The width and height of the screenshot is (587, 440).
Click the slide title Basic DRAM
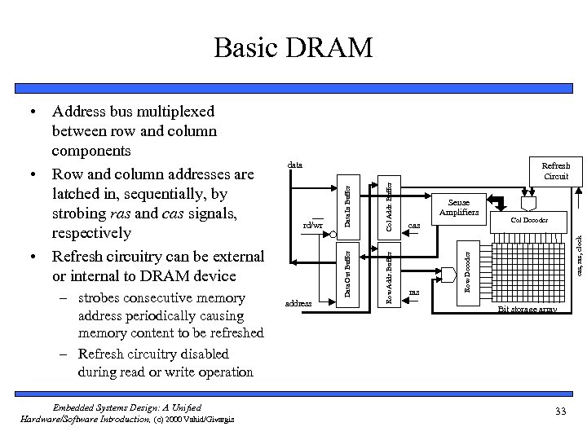coord(293,48)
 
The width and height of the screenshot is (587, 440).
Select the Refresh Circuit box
coord(557,171)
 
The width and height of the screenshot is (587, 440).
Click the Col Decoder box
coord(529,220)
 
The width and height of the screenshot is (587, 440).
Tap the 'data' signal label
coord(294,165)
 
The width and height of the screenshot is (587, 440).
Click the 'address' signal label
coord(298,303)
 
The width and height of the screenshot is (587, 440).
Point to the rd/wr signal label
coord(312,225)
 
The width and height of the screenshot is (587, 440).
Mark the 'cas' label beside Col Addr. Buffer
coord(413,226)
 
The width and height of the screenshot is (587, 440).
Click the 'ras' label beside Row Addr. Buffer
coord(413,290)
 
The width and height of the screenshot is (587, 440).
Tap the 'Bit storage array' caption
coord(527,310)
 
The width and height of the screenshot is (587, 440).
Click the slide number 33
coord(559,411)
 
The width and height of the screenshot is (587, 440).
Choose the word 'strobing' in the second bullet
coord(80,213)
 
